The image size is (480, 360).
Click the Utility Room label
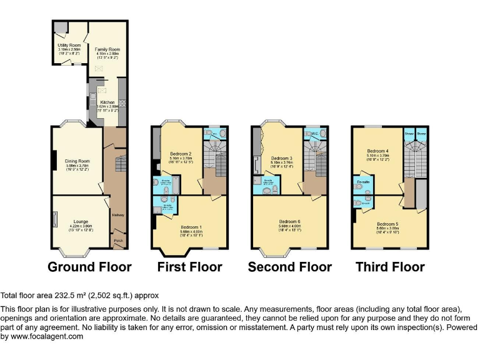pos(69,46)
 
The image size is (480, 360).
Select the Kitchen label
pos(107,101)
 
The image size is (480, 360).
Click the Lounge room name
pos(81,221)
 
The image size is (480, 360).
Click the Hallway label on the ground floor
pos(117,216)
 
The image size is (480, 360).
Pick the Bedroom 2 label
pos(181,154)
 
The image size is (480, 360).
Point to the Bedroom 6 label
pos(291,221)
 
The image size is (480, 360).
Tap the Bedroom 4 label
pos(378,151)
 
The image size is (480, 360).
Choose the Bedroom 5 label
pos(387,223)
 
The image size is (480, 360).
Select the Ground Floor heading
pos(89,267)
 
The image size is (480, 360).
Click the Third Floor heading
pos(390,267)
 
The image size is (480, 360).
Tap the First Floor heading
pos(189,267)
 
